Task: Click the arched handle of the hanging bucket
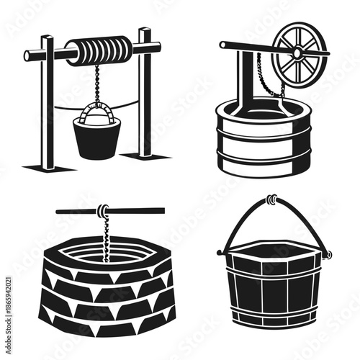[97, 109]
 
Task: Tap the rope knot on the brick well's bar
[104, 210]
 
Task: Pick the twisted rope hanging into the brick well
[105, 238]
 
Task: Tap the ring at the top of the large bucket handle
[271, 198]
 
